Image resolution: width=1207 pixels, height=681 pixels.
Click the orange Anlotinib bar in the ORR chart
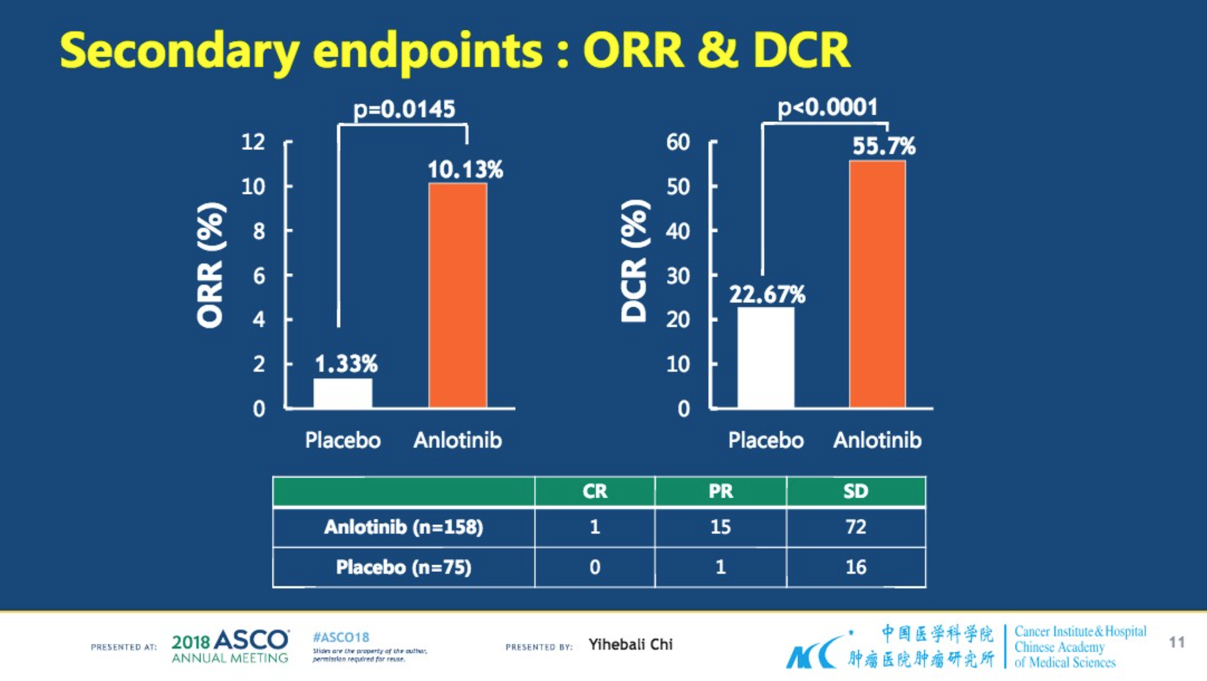pyautogui.click(x=457, y=295)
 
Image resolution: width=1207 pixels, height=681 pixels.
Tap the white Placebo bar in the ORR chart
pyautogui.click(x=343, y=393)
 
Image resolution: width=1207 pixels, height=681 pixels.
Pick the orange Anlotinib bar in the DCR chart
pyautogui.click(x=877, y=284)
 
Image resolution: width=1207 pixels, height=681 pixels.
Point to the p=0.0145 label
pyautogui.click(x=404, y=110)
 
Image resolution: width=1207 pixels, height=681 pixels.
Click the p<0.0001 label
pyautogui.click(x=827, y=108)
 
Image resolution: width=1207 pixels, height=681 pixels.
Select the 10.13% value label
pyautogui.click(x=465, y=169)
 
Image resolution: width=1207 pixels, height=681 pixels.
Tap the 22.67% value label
pyautogui.click(x=767, y=294)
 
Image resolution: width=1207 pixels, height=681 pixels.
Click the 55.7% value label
pyautogui.click(x=883, y=146)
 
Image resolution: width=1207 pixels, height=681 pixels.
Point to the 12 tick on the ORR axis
pyautogui.click(x=253, y=142)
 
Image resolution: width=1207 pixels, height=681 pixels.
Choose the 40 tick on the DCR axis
pyautogui.click(x=678, y=231)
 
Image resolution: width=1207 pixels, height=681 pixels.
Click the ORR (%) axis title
pyautogui.click(x=210, y=265)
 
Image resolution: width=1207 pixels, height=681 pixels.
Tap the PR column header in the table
pyautogui.click(x=721, y=491)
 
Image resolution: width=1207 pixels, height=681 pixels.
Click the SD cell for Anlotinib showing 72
pyautogui.click(x=855, y=527)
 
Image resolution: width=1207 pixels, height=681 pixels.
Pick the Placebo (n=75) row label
pyautogui.click(x=404, y=568)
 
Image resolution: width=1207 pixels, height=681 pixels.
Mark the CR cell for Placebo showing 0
pyautogui.click(x=594, y=568)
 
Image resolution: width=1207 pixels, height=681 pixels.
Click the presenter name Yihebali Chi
pyautogui.click(x=630, y=644)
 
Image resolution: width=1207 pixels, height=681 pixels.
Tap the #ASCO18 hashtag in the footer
pyautogui.click(x=341, y=638)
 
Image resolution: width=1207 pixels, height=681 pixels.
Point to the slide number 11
pyautogui.click(x=1177, y=642)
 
